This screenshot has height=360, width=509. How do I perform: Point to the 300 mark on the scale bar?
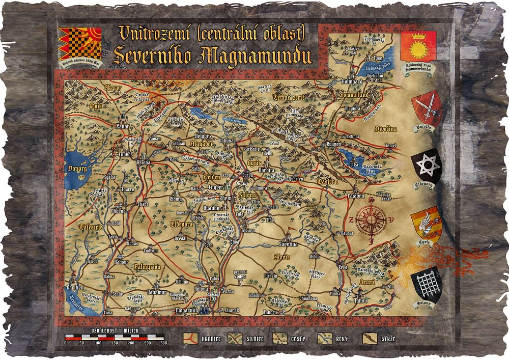(x=164, y=343)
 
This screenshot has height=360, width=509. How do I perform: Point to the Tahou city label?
(x=360, y=300)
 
